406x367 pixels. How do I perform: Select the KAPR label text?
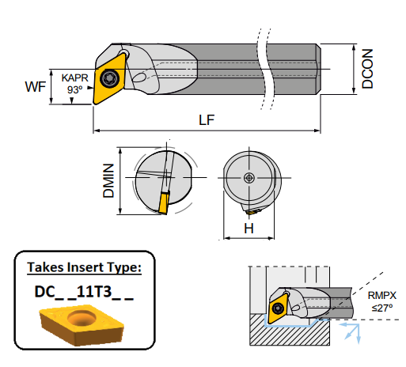click(74, 78)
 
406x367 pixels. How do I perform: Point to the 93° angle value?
click(75, 89)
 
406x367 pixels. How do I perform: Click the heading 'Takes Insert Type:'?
click(85, 267)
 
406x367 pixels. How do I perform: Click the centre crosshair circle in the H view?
click(249, 178)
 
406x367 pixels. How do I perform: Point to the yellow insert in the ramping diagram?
click(279, 308)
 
